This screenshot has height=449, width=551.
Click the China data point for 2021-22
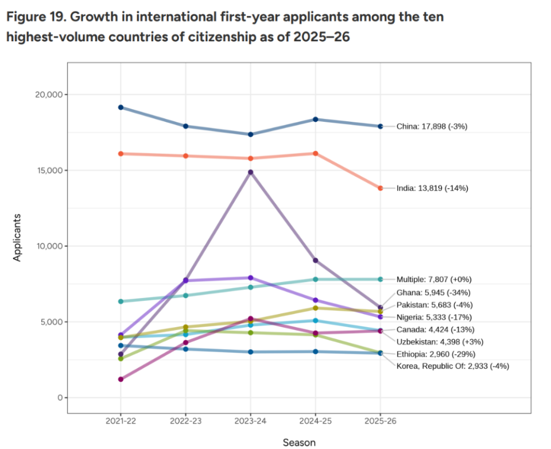point(121,107)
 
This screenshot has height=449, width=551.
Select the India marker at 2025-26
point(380,188)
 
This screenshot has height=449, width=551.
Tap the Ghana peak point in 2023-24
point(250,172)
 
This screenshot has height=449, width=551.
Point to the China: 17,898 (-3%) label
point(432,126)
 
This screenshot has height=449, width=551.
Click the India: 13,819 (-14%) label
point(432,188)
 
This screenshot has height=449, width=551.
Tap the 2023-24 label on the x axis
point(250,421)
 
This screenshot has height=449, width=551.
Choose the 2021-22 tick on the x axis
point(121,421)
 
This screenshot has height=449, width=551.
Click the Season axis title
point(299,442)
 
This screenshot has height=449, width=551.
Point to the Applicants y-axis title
point(17,237)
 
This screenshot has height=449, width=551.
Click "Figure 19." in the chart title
point(34,17)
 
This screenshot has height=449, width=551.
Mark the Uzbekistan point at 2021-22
point(121,380)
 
